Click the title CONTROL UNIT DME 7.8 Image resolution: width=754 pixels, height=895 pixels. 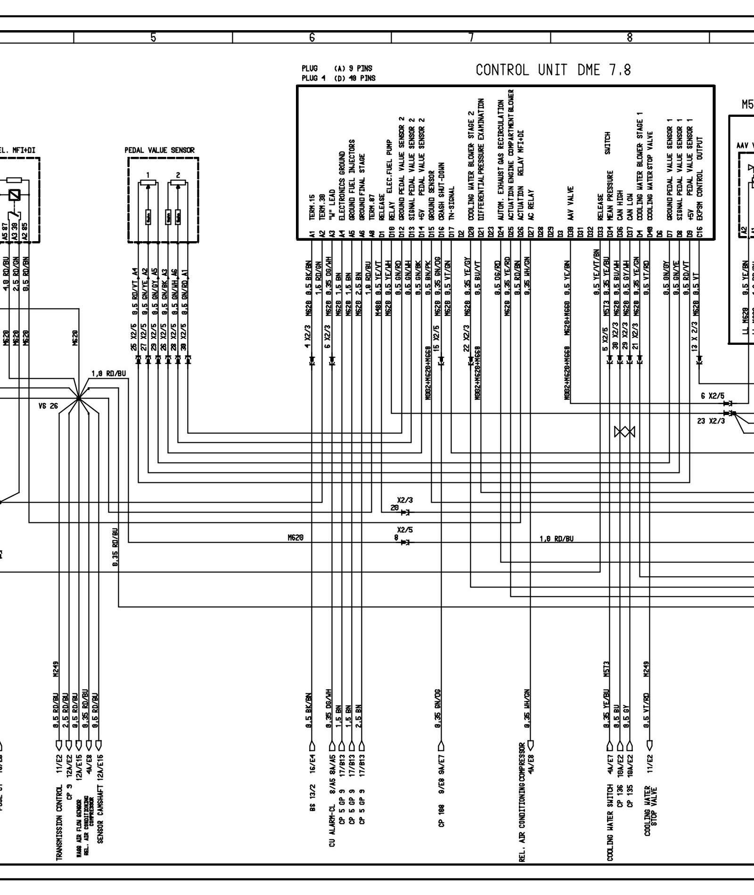pos(553,70)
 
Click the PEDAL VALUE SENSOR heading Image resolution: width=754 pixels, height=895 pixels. pos(159,150)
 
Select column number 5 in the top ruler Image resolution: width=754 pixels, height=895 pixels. pos(153,37)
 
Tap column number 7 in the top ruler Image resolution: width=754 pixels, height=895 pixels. pos(471,37)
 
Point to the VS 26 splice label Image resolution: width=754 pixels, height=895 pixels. pos(48,405)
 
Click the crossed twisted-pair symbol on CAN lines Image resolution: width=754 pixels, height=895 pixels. pos(624,431)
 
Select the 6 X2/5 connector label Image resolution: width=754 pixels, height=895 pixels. pos(712,396)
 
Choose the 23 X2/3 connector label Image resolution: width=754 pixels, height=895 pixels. pos(711,421)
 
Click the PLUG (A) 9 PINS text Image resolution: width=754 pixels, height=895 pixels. pos(337,69)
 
